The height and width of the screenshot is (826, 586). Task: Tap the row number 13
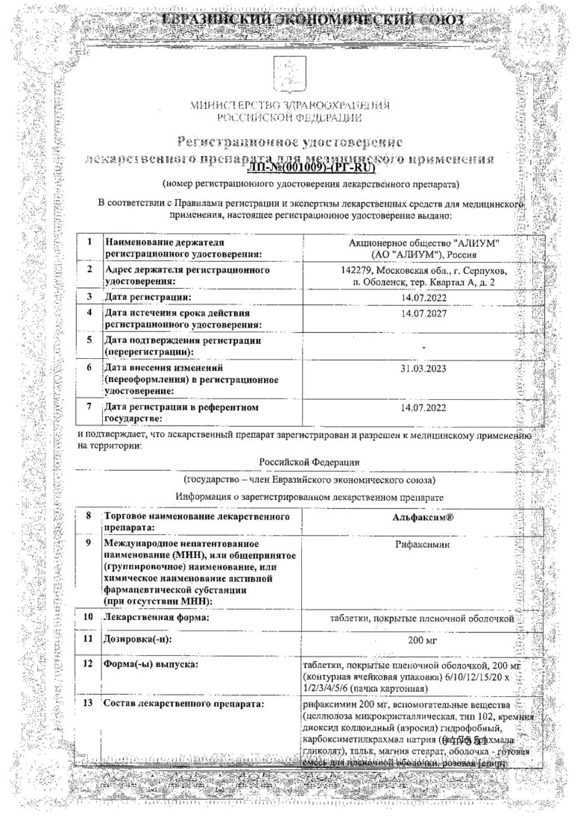[x=89, y=704]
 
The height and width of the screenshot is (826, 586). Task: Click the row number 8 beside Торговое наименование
[x=89, y=516]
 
